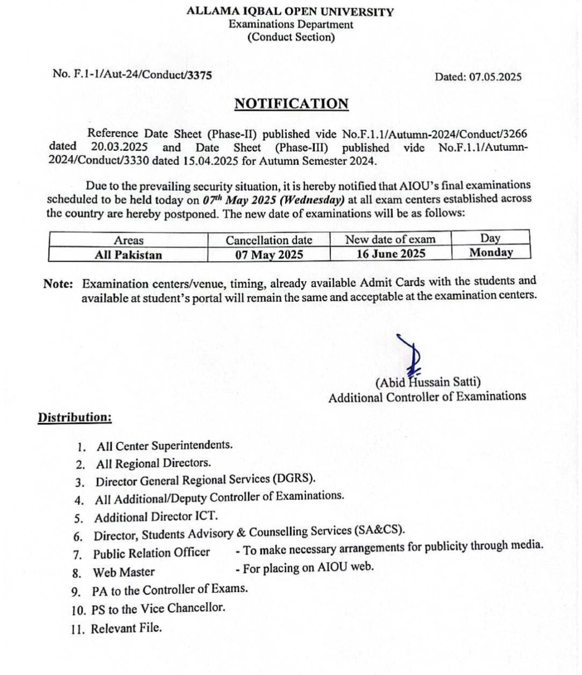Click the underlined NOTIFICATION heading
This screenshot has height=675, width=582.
[x=291, y=104]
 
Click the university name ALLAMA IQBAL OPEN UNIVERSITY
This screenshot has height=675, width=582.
[x=291, y=12]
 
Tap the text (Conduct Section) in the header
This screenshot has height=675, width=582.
[x=291, y=38]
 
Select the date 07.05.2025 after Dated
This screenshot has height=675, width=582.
[x=495, y=77]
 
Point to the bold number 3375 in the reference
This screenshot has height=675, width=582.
[x=199, y=75]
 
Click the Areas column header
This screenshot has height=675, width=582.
[x=129, y=241]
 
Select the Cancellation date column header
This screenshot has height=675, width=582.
[x=269, y=241]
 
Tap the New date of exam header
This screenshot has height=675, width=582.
[x=390, y=239]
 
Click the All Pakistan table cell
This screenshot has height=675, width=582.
[x=129, y=254]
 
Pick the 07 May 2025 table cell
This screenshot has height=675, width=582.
[x=269, y=254]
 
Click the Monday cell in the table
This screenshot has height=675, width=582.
[x=491, y=253]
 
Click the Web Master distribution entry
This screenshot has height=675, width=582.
[x=124, y=571]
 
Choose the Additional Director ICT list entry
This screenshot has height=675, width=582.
[x=156, y=517]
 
